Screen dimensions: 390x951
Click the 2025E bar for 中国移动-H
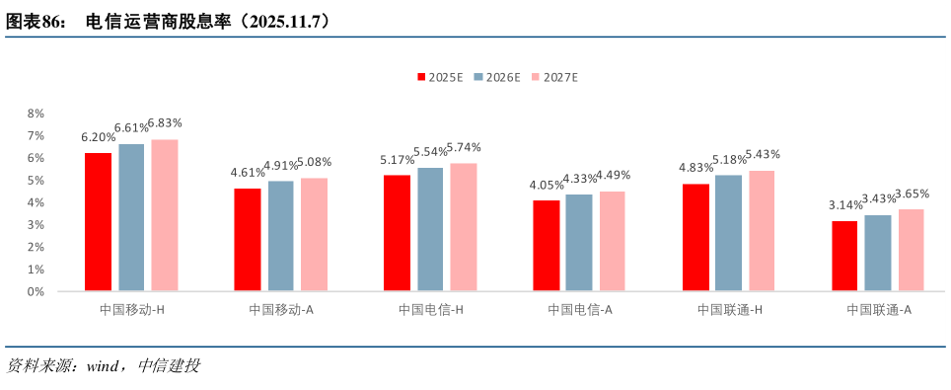click(x=98, y=222)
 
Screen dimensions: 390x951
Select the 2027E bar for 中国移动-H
click(x=164, y=215)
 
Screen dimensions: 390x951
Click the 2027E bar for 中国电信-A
click(x=612, y=241)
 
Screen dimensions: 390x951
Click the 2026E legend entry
click(x=496, y=77)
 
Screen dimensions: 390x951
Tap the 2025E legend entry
click(x=439, y=77)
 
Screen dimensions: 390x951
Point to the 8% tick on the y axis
click(x=36, y=114)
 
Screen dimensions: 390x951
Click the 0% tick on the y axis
click(x=36, y=292)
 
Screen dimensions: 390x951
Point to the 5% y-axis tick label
click(x=36, y=181)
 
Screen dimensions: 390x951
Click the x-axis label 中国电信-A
click(x=580, y=310)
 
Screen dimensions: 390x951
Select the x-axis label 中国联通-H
click(x=730, y=310)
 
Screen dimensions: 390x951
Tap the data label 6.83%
click(x=165, y=123)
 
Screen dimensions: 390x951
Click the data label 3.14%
click(x=844, y=205)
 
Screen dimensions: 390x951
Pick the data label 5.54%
click(x=430, y=152)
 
